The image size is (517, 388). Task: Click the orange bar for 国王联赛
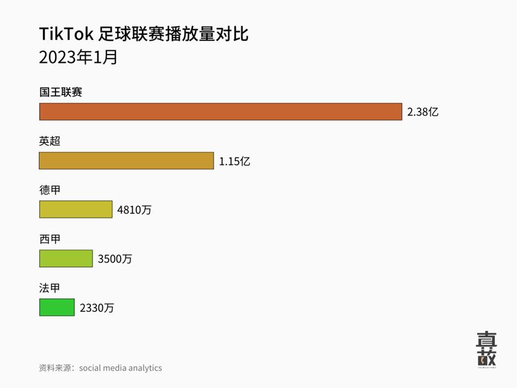220,112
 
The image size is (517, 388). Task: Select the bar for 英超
126,160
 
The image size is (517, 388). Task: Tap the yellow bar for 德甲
75,210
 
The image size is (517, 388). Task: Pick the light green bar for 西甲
66,259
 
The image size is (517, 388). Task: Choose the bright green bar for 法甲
57,307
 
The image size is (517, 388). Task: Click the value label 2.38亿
423,112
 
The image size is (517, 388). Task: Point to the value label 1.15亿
234,161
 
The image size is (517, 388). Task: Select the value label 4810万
135,210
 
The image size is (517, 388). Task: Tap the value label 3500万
115,259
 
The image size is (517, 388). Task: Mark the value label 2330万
97,308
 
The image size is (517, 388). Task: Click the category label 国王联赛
60,93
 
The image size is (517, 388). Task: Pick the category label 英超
50,142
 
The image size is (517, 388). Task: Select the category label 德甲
50,190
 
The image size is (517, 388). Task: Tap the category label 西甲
50,240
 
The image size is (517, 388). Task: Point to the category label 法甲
50,288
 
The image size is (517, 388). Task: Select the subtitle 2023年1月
78,57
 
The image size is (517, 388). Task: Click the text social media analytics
120,368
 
